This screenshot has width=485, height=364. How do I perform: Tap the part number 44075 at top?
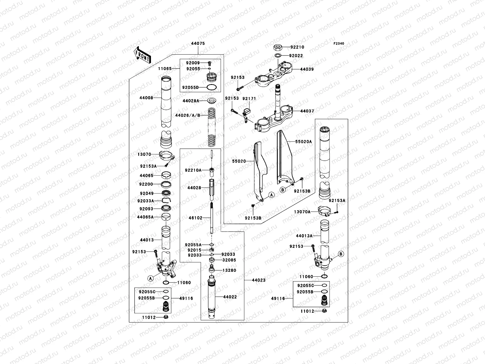198,43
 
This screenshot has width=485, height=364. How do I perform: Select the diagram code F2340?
339,44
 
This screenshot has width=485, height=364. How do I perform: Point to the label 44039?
307,69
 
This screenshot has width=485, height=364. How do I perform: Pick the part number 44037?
307,111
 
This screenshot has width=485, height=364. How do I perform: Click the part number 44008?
146,98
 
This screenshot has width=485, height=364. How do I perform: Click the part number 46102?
195,218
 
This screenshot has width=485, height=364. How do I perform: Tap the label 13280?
229,270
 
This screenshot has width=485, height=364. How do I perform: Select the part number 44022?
230,297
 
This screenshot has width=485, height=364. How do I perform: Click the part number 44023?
259,280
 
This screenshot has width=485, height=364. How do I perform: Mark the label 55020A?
303,141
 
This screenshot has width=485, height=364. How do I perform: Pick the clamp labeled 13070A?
324,210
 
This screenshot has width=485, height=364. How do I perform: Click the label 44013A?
304,235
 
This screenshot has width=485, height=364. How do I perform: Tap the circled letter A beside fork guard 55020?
272,195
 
